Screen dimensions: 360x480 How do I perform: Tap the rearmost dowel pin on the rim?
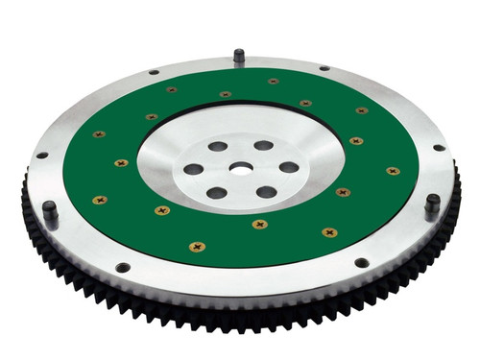pos(238,58)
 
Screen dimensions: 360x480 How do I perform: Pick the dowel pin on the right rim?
pos(433,204)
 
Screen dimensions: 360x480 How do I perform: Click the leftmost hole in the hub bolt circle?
pos(194,169)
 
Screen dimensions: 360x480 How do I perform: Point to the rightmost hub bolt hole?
pos(287,167)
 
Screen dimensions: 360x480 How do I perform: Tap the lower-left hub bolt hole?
pos(216,192)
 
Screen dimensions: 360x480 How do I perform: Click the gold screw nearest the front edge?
pos(197,247)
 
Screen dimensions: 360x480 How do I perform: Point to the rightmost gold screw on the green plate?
pos(393,171)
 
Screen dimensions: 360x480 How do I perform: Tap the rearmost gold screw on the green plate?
pos(274,82)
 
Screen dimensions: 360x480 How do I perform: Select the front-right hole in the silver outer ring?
pos(361,262)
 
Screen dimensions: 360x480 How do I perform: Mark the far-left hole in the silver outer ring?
pos(41,156)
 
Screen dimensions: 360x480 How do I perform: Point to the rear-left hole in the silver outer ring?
pos(154,72)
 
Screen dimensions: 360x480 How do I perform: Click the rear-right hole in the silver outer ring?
pos(324,68)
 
